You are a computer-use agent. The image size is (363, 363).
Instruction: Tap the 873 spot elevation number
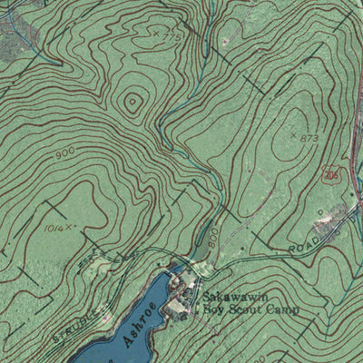pyautogui.click(x=310, y=137)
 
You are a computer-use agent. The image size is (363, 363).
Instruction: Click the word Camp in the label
pyautogui.click(x=282, y=309)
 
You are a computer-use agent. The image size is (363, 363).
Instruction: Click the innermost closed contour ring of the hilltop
pyautogui.click(x=132, y=103)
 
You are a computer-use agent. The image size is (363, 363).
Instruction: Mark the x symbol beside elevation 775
pyautogui.click(x=156, y=34)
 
